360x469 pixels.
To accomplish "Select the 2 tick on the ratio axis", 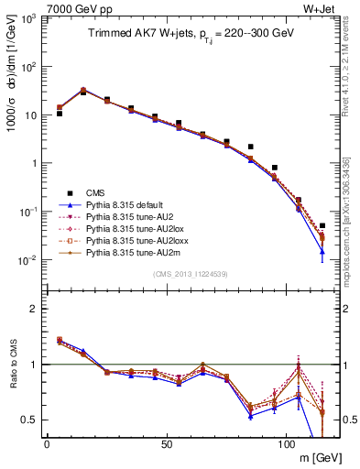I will tap(32, 309).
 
